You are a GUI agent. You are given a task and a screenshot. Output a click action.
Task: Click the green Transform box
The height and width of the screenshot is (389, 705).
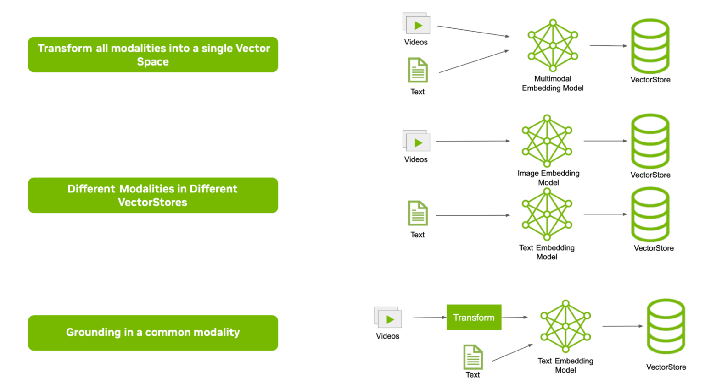(474, 317)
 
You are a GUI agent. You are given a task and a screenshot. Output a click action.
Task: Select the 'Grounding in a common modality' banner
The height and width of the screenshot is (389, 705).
(153, 333)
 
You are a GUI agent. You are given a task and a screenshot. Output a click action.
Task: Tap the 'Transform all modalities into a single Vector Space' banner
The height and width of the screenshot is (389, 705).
(153, 55)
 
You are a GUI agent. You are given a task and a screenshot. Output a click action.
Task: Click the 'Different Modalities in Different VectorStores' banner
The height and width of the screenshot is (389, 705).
(153, 195)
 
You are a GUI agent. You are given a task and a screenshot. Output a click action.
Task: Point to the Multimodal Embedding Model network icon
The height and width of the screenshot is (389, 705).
(553, 45)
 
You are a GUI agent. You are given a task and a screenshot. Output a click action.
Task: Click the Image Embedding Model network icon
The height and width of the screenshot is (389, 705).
(547, 141)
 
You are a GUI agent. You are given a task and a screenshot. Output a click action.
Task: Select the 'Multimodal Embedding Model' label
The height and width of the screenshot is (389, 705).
(553, 83)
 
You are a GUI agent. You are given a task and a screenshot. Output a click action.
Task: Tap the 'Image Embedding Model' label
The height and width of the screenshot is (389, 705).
(548, 178)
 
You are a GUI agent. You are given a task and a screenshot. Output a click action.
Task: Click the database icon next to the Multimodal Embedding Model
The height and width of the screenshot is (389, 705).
(650, 46)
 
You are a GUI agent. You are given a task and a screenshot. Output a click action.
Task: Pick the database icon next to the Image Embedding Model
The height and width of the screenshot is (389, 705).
(650, 141)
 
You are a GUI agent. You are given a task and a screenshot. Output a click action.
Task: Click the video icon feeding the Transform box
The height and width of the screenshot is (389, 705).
(388, 317)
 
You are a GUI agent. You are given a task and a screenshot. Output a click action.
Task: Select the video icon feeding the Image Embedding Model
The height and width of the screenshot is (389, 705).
(416, 141)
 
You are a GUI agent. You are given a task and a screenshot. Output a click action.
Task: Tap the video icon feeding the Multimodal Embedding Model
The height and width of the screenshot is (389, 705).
(416, 24)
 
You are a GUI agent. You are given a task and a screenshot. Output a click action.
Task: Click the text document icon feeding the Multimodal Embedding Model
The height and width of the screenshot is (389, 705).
(418, 70)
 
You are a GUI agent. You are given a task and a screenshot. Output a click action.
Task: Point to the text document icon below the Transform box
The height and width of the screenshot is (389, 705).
(473, 357)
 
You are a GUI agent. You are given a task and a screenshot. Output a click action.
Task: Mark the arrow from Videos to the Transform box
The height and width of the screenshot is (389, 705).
(430, 317)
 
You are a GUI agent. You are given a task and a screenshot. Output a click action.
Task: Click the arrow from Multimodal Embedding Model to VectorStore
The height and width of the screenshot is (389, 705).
(608, 45)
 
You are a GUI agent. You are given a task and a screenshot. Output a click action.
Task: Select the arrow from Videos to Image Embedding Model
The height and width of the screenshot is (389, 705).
(473, 141)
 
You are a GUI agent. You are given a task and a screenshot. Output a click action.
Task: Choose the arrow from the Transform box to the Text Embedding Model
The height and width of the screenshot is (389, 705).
(515, 317)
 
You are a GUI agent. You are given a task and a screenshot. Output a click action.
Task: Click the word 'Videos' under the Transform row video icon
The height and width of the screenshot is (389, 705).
(387, 336)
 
